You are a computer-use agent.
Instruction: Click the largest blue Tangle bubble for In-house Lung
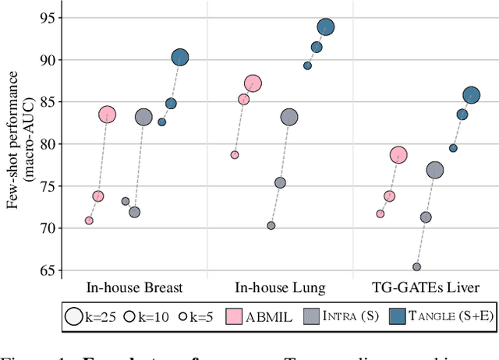click(x=325, y=27)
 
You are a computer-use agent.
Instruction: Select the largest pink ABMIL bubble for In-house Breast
click(x=107, y=115)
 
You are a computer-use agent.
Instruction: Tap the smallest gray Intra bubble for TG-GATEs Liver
click(x=416, y=267)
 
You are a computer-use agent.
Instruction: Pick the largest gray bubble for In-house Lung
click(x=289, y=118)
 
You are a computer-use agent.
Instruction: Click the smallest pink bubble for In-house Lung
click(x=235, y=155)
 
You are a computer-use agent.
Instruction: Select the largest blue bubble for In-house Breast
click(x=179, y=58)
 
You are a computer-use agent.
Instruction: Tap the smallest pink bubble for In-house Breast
click(x=89, y=221)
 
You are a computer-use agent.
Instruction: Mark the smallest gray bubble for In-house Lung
click(x=271, y=226)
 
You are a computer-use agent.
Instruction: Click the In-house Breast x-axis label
click(x=134, y=288)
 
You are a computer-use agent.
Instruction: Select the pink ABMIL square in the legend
click(x=235, y=316)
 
